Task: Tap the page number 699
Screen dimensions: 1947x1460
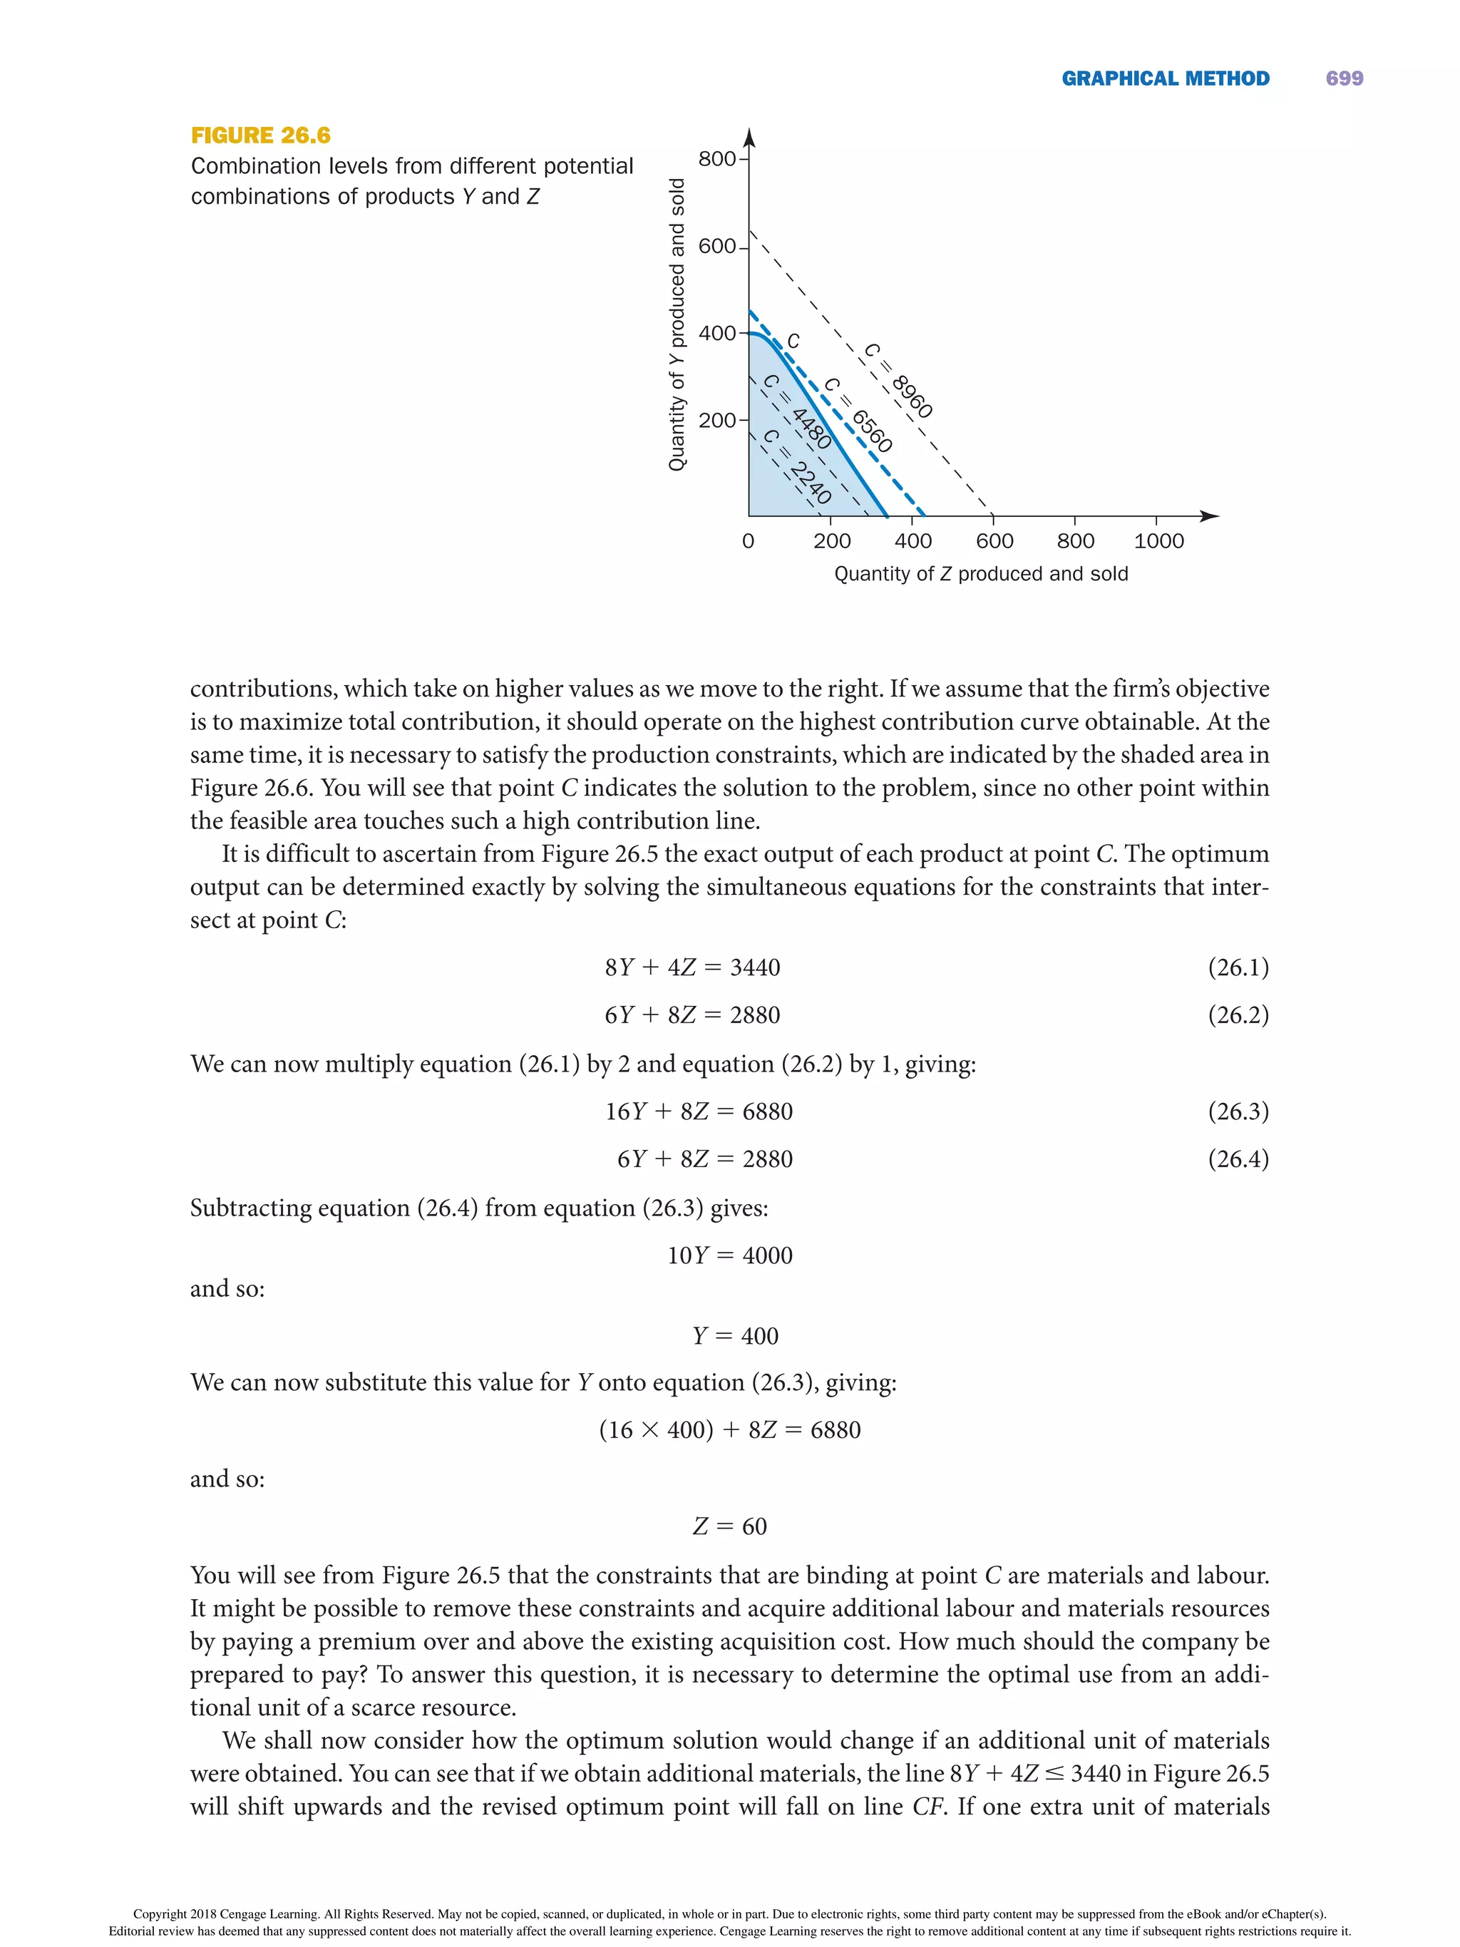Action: tap(1344, 78)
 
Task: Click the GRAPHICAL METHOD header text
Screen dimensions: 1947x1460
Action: tap(1165, 78)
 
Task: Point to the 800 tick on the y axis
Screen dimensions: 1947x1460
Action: tap(717, 159)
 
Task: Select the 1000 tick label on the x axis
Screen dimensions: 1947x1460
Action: tap(1158, 541)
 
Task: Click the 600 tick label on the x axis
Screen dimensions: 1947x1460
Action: tap(994, 541)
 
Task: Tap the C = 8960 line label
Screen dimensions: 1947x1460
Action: tap(898, 380)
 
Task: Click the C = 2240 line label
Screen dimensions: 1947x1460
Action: tap(797, 466)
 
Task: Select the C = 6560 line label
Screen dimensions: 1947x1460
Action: tap(858, 415)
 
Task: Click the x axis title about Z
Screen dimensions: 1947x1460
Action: tap(980, 574)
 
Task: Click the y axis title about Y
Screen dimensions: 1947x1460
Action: tap(677, 325)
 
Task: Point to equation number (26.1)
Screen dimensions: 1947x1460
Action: tap(1238, 967)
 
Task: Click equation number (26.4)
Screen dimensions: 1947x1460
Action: tap(1238, 1159)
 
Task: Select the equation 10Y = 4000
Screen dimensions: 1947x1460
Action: tap(729, 1255)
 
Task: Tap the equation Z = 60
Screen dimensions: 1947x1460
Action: tap(729, 1526)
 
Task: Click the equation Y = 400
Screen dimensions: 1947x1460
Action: tap(735, 1335)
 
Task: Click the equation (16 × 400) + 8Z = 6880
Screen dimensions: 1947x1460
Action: tap(729, 1429)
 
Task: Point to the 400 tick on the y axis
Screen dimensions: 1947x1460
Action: tap(717, 334)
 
